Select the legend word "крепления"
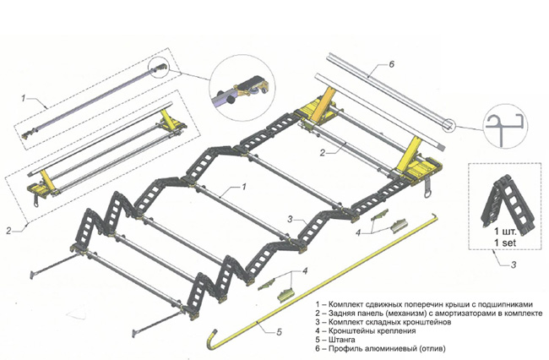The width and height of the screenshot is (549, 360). [401, 328]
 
